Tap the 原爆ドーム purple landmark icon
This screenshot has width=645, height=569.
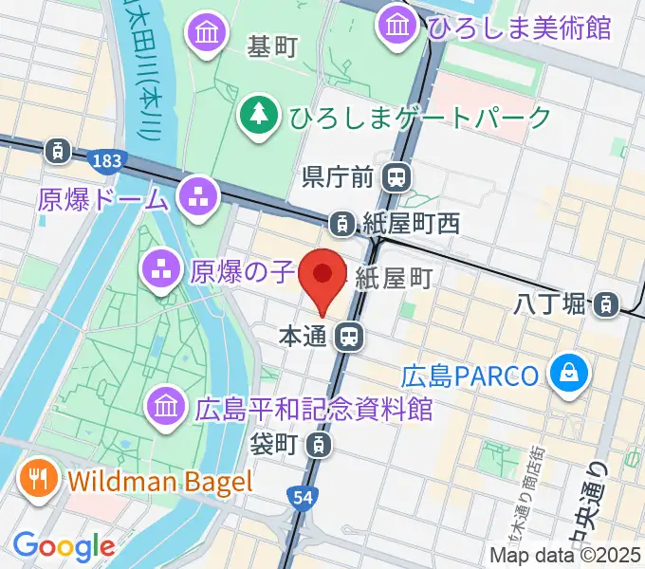[x=199, y=197]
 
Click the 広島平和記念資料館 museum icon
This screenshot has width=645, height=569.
[x=165, y=408]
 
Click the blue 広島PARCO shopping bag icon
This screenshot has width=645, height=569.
[x=570, y=375]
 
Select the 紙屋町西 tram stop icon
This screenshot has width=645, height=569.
[x=340, y=224]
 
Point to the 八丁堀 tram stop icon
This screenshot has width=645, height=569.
[x=603, y=304]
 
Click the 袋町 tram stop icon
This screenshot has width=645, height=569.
[x=322, y=443]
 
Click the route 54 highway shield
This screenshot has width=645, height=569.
[x=300, y=498]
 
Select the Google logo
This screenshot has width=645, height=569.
[x=64, y=545]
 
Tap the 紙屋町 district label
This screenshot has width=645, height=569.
[x=395, y=277]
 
